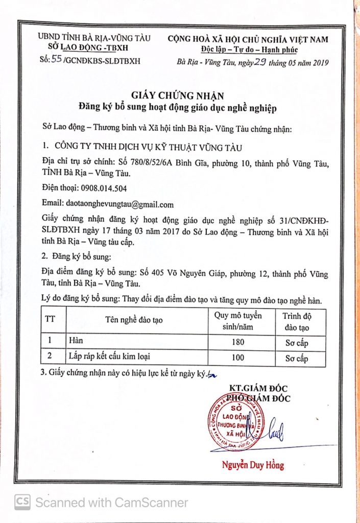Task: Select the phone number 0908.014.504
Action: point(90,187)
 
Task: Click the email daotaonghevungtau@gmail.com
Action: point(117,204)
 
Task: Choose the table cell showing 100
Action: point(238,358)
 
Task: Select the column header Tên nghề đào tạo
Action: point(134,320)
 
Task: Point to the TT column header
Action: point(51,320)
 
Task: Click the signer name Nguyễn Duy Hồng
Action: point(253,465)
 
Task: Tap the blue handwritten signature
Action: point(275,430)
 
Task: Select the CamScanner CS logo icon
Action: point(22,502)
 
